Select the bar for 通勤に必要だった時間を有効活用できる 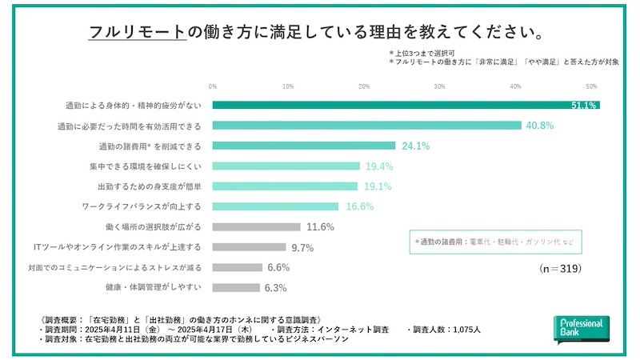click(367, 126)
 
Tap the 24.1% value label click(416, 146)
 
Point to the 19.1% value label click(378, 186)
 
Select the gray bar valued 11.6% click(257, 226)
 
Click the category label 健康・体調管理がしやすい click(153, 287)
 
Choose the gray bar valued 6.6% click(238, 267)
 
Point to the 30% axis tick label click(439, 86)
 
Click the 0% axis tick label click(213, 86)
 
